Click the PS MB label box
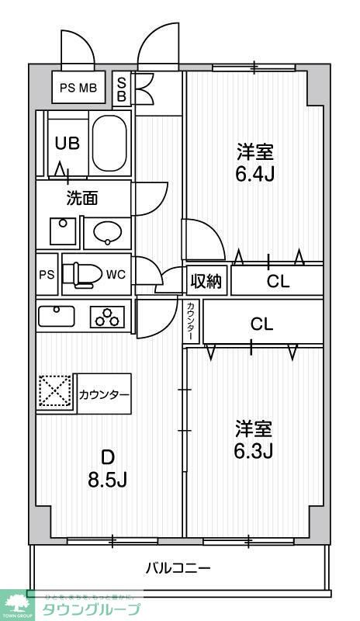[78, 88]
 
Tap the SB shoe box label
[122, 88]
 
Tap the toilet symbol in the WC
[81, 274]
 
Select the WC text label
[116, 274]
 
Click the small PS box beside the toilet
[47, 275]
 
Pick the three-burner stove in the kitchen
[108, 317]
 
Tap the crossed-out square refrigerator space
[55, 394]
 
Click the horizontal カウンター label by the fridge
[103, 394]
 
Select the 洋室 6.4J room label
[255, 161]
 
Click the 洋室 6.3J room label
[254, 439]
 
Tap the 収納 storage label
[206, 281]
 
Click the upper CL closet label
[278, 282]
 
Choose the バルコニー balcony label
[178, 568]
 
